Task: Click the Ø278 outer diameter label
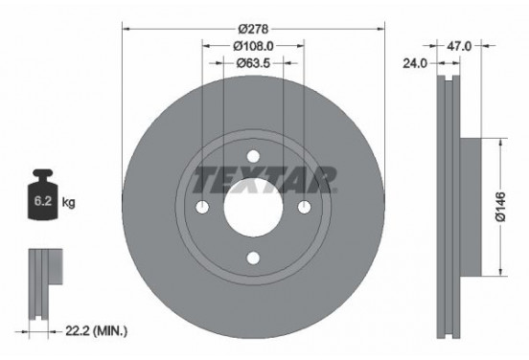(253, 27)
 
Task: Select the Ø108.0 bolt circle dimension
(253, 45)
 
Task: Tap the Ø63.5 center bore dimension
(253, 64)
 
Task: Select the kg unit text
(68, 204)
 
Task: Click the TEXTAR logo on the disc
(265, 178)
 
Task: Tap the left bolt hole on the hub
(203, 208)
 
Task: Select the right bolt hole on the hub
(304, 208)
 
